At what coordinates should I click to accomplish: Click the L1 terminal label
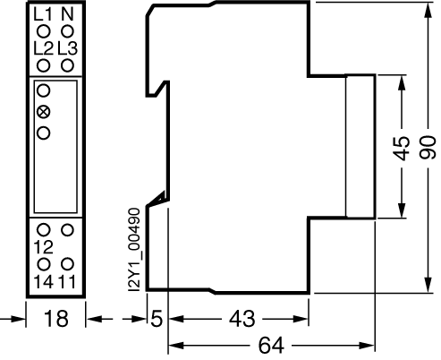43,14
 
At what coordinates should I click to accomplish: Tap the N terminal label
67,14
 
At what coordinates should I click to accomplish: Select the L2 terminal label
43,48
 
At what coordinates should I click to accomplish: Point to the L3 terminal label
68,48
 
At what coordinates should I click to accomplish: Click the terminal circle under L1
44,31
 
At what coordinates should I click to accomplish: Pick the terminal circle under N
67,31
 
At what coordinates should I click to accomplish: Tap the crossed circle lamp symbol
44,112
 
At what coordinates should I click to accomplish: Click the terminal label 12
44,247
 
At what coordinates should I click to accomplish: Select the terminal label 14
44,282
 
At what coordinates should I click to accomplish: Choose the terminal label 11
67,282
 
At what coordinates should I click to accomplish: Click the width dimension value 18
56,319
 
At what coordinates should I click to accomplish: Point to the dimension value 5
157,319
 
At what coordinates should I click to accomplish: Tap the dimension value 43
242,319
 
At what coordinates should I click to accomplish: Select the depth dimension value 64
271,345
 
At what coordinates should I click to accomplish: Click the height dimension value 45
401,148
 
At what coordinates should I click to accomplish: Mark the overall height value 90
428,147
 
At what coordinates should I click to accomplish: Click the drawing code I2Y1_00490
133,250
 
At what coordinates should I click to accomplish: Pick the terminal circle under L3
67,65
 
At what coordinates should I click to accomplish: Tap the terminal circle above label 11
67,264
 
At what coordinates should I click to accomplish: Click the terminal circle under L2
44,65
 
